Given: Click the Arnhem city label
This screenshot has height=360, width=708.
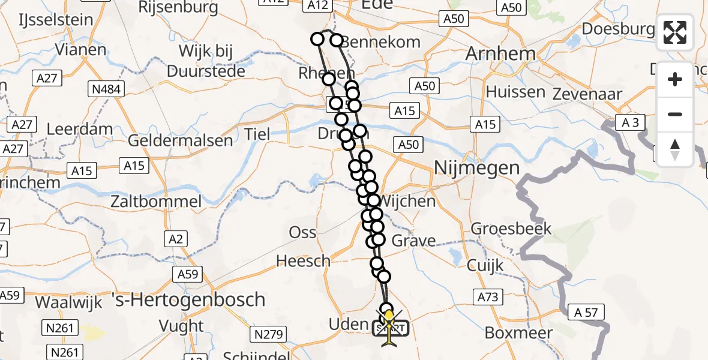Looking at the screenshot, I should (x=500, y=54).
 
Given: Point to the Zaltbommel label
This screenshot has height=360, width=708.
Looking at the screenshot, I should (x=156, y=201).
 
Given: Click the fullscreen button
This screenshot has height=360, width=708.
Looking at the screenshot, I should (x=675, y=32).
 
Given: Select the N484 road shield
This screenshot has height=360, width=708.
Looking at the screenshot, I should (x=106, y=90).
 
